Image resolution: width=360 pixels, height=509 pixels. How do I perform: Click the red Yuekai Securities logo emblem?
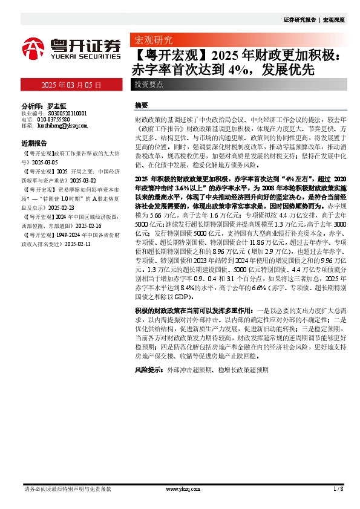35,47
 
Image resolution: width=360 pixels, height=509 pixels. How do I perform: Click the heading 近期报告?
34,144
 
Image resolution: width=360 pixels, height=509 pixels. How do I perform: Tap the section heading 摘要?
141,105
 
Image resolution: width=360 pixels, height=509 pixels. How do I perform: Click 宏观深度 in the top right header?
333,19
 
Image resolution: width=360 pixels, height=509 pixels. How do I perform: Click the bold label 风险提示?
148,368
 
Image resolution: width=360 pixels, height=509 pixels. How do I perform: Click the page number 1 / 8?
338,488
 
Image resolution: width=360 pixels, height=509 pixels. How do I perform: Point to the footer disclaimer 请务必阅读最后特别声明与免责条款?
67,488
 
